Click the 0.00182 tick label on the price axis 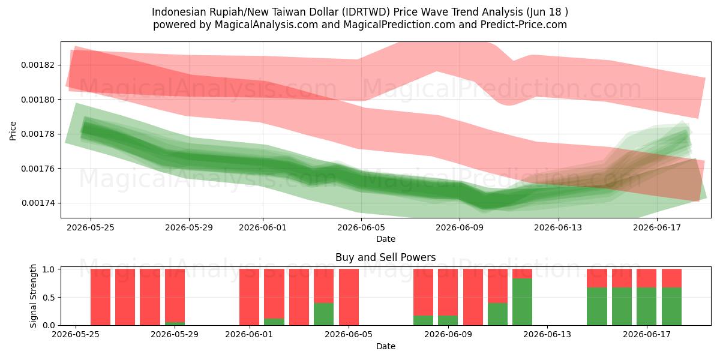pos(38,65)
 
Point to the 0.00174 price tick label pos(38,203)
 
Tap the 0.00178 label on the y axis pos(38,134)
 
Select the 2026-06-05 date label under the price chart pos(361,227)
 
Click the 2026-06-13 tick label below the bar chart pos(547,335)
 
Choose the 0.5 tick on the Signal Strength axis pos(49,298)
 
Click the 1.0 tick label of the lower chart pos(49,269)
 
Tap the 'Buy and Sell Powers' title pos(385,257)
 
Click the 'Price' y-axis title pos(13,131)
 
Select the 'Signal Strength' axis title pos(34,296)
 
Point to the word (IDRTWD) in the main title pos(366,12)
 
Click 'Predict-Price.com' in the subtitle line pos(524,25)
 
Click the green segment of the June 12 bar pos(523,302)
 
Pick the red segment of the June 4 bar pos(323,286)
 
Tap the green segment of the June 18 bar pos(671,307)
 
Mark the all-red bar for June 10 pos(473,297)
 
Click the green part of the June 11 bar pos(497,314)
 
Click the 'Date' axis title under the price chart pos(386,239)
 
